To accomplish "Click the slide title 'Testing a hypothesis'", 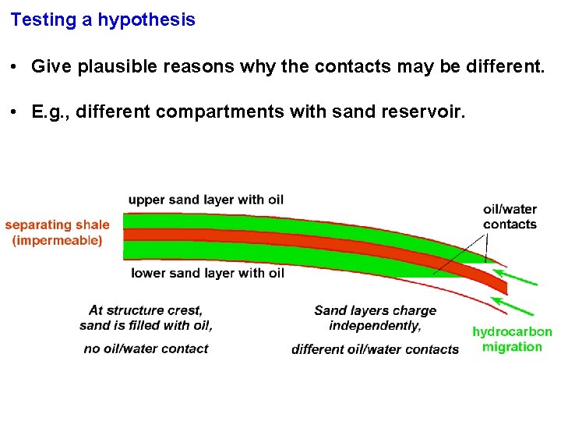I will (x=103, y=20).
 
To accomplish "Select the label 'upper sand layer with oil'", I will (x=206, y=200).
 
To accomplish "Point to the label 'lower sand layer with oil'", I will (x=207, y=273).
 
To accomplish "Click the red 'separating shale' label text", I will (x=58, y=225).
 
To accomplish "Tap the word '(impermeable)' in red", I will (x=58, y=241).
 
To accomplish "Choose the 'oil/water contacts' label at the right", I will (x=510, y=217).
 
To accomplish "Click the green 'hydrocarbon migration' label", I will (x=512, y=339).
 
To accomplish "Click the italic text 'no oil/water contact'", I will (x=146, y=348).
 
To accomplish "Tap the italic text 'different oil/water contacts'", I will (x=375, y=348).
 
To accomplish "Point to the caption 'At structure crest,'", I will (x=146, y=310).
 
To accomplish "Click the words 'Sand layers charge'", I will (x=375, y=310).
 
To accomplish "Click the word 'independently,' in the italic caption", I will (x=375, y=325).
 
